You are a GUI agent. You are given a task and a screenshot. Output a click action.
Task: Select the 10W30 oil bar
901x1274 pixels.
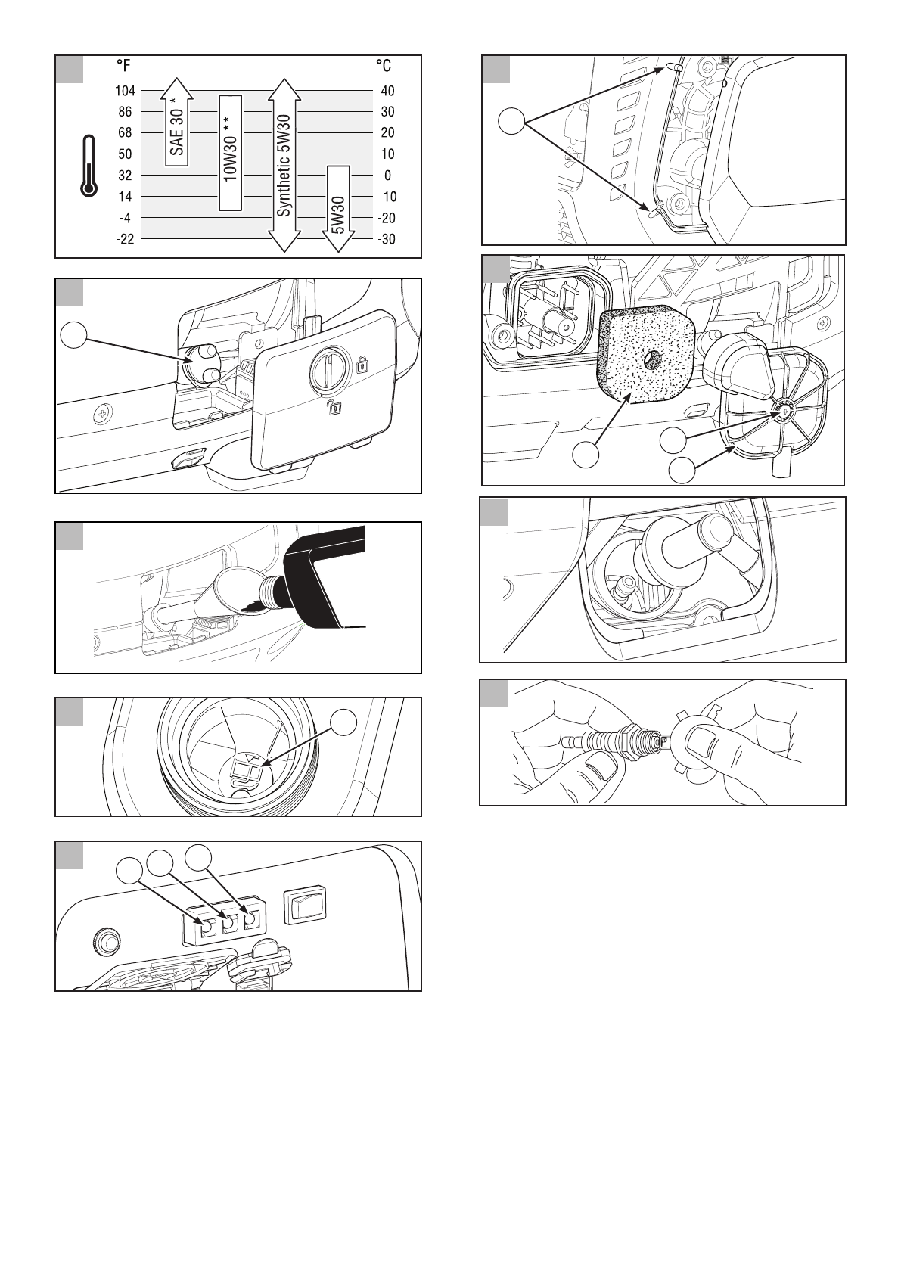230,151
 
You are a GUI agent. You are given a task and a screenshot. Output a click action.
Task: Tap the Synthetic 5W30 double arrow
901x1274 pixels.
284,164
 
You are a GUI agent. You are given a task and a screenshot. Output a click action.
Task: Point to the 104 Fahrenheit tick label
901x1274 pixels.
125,91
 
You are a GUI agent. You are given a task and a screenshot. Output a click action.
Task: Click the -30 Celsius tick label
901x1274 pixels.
386,239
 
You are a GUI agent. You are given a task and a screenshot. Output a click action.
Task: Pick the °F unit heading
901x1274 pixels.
121,66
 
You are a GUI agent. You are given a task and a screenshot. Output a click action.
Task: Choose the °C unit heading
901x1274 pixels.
384,66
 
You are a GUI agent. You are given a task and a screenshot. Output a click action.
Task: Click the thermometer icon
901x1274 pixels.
89,166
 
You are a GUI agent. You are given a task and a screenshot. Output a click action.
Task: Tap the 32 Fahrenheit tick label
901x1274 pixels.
125,176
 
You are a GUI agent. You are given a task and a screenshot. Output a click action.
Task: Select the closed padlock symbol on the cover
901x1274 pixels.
362,365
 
